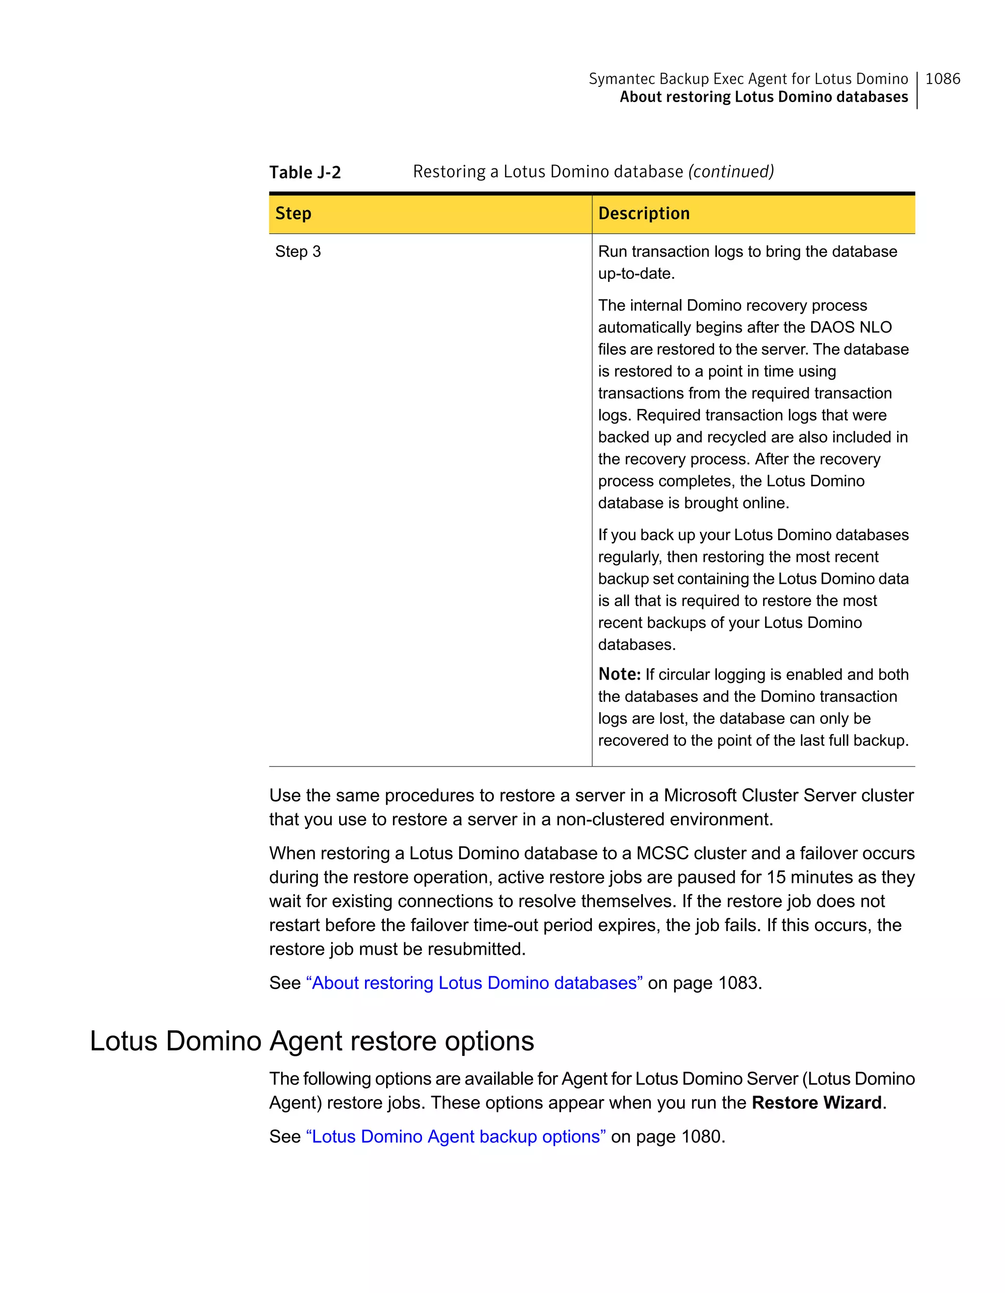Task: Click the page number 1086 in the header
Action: (942, 79)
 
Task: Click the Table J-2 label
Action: (305, 172)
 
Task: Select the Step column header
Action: (293, 214)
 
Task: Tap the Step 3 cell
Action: (298, 251)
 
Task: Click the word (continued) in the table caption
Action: (731, 172)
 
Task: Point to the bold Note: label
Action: (619, 674)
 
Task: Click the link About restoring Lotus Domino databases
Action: (474, 983)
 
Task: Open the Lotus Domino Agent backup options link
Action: (455, 1137)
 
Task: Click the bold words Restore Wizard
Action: (816, 1103)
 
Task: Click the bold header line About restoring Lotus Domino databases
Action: (763, 97)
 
